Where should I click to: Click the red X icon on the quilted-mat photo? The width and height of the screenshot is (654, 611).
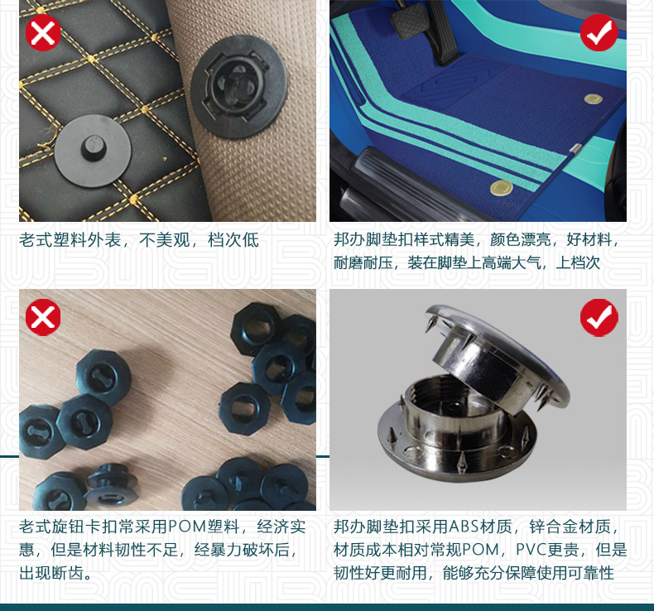pos(43,32)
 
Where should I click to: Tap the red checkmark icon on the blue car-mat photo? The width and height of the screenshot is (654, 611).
pos(599,32)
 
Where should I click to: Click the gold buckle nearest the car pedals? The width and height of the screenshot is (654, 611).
pos(593,99)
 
